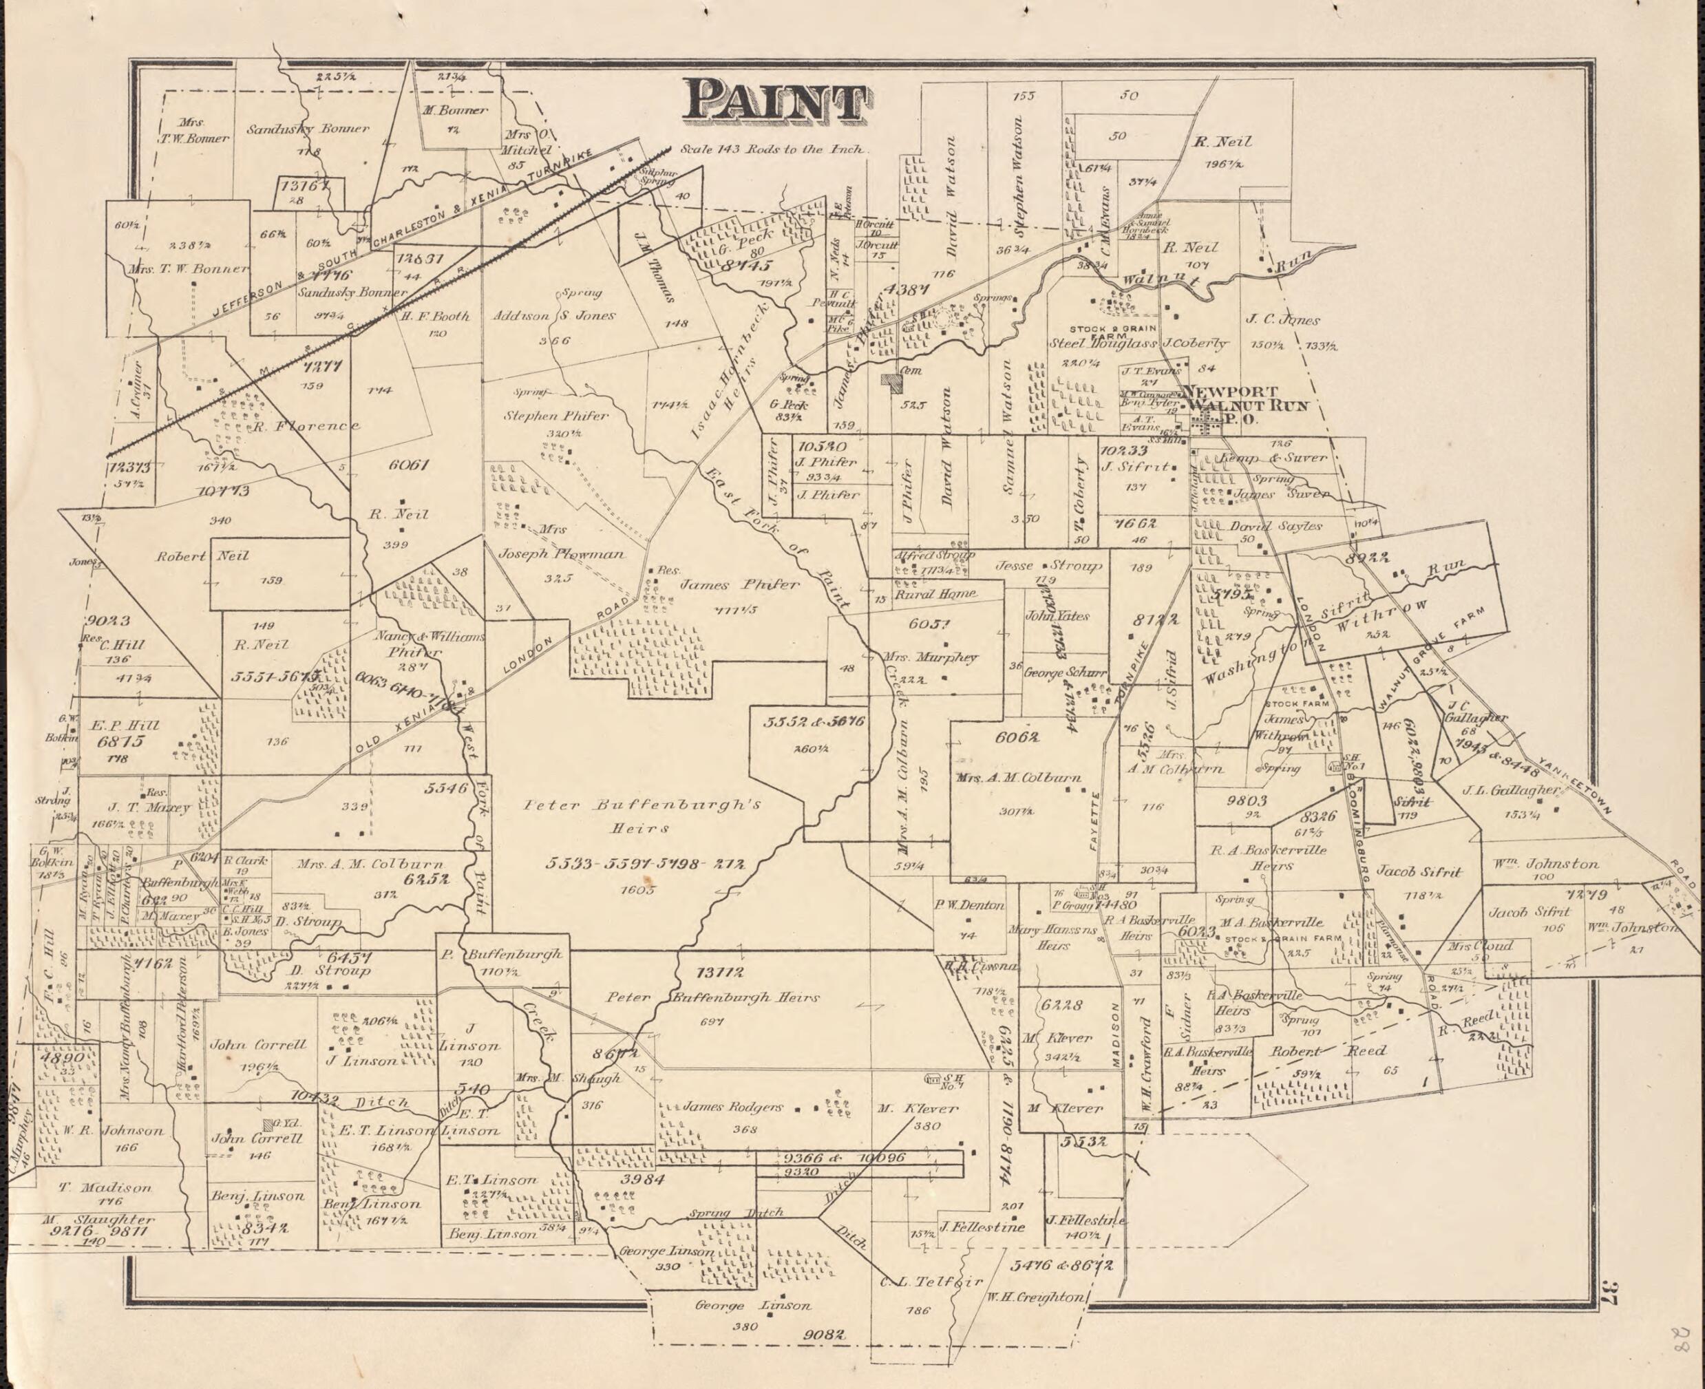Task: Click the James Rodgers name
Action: (732, 1107)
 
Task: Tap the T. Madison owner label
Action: (105, 1188)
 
